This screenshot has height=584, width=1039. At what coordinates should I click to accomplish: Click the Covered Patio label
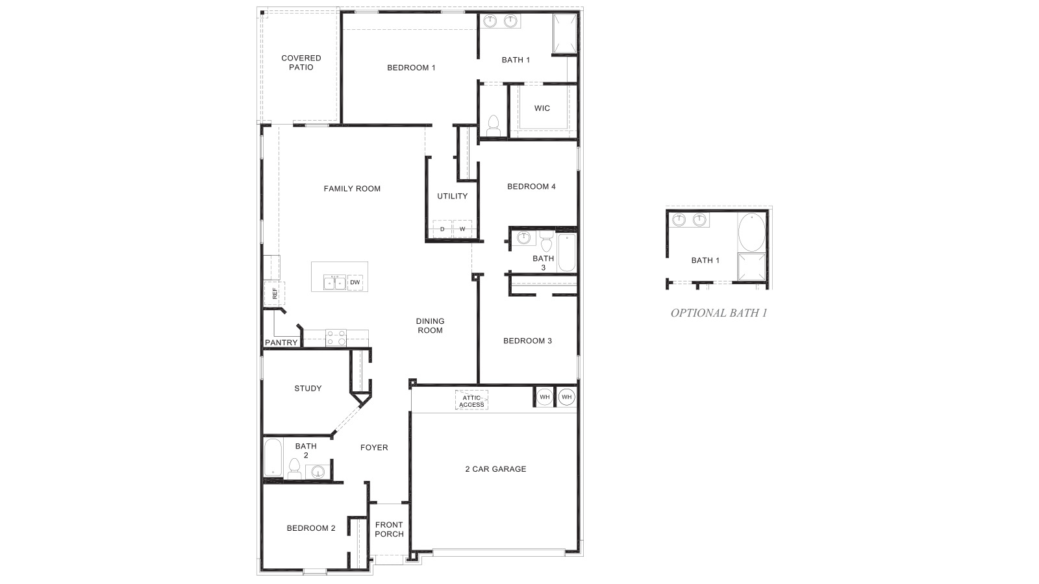click(x=301, y=62)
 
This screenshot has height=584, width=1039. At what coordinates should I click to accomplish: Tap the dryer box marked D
click(x=442, y=229)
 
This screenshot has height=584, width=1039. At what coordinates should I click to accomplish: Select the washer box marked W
click(x=462, y=229)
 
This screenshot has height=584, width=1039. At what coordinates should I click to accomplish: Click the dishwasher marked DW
click(x=355, y=282)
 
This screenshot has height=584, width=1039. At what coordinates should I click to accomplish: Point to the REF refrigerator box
click(x=274, y=293)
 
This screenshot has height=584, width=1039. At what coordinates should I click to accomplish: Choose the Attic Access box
click(x=471, y=401)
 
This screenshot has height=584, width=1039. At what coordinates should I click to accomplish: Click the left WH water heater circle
click(x=544, y=396)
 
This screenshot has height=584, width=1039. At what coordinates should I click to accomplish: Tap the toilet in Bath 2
click(x=294, y=468)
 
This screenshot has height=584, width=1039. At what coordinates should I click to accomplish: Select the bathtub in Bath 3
click(x=566, y=253)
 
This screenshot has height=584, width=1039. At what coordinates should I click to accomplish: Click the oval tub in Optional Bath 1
click(x=751, y=232)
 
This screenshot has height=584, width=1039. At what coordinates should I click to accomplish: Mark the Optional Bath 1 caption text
click(x=718, y=313)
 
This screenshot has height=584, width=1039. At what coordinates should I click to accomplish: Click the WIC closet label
click(x=542, y=108)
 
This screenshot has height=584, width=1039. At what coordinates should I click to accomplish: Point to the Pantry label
click(x=281, y=343)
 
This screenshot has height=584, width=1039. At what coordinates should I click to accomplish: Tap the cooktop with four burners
click(x=336, y=338)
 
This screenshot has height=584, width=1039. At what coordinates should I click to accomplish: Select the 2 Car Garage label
click(x=495, y=469)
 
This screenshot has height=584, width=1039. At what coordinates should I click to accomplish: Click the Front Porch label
click(x=389, y=529)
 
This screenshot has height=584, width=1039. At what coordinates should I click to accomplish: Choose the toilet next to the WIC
click(x=494, y=126)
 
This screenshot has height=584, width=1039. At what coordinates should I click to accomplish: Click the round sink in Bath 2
click(x=318, y=472)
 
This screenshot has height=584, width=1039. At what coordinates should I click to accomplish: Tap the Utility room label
click(x=452, y=196)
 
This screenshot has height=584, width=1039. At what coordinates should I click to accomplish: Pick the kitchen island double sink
click(x=334, y=282)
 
